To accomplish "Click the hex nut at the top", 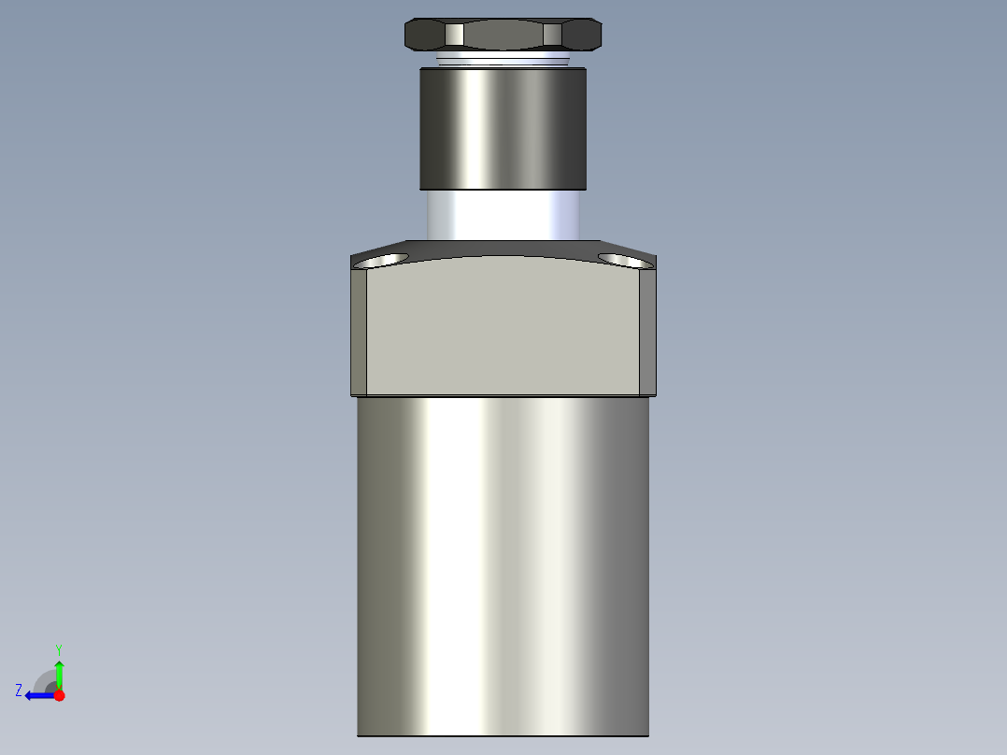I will pyautogui.click(x=503, y=35).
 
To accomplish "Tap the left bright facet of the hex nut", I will pyautogui.click(x=454, y=35).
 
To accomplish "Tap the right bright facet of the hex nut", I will pyautogui.click(x=552, y=35).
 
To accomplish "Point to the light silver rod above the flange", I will pyautogui.click(x=503, y=214).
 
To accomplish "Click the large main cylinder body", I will pyautogui.click(x=503, y=561).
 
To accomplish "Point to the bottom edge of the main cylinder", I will pyautogui.click(x=503, y=734).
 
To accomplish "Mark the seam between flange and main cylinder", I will pyautogui.click(x=503, y=396).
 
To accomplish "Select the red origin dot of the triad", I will pyautogui.click(x=59, y=695).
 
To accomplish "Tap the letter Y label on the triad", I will pyautogui.click(x=58, y=648).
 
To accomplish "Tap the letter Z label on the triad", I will pyautogui.click(x=19, y=691).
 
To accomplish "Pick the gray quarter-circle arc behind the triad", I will pyautogui.click(x=43, y=678).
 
